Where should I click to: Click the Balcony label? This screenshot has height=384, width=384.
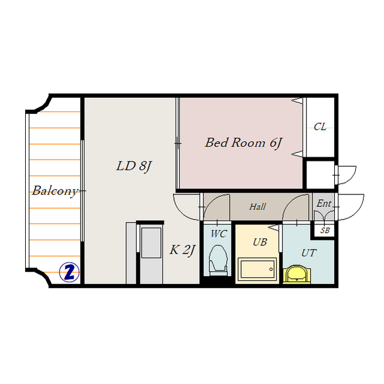pos(55,191)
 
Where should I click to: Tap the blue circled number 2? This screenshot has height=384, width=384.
pos(70,272)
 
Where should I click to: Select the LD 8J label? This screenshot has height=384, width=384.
pos(134,166)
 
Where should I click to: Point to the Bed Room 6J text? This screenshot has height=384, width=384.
pos(244,143)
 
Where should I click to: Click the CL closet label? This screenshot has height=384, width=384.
pos(320,127)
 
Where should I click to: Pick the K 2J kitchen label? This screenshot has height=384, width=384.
pos(182,250)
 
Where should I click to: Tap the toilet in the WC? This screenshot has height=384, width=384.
pos(218,260)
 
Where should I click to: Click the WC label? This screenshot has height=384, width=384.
pos(218,234)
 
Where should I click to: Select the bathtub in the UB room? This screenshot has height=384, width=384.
pos(257,269)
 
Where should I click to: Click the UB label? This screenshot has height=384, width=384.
pos(260,242)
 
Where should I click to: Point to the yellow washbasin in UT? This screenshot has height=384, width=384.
pos(297,274)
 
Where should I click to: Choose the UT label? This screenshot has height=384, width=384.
pos(309,253)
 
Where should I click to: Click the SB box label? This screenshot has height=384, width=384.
pos(325,230)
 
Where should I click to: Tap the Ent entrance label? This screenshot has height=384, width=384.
pos(324,203)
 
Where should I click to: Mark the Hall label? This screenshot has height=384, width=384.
pos(257,207)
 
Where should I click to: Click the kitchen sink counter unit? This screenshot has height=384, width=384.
pos(151,253)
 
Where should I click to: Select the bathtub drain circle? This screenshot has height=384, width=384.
pos(271,269)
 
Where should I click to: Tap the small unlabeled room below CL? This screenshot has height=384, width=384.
pos(320,175)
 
